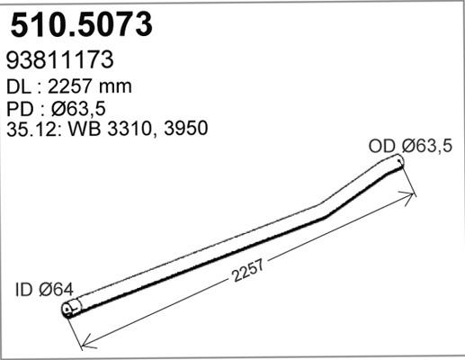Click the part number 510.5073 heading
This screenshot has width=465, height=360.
[79, 24]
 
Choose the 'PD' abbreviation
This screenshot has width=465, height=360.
[19, 108]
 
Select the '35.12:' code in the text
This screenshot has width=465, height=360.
[33, 129]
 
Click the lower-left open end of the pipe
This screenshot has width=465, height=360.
[69, 310]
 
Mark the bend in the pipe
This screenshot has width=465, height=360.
[326, 215]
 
